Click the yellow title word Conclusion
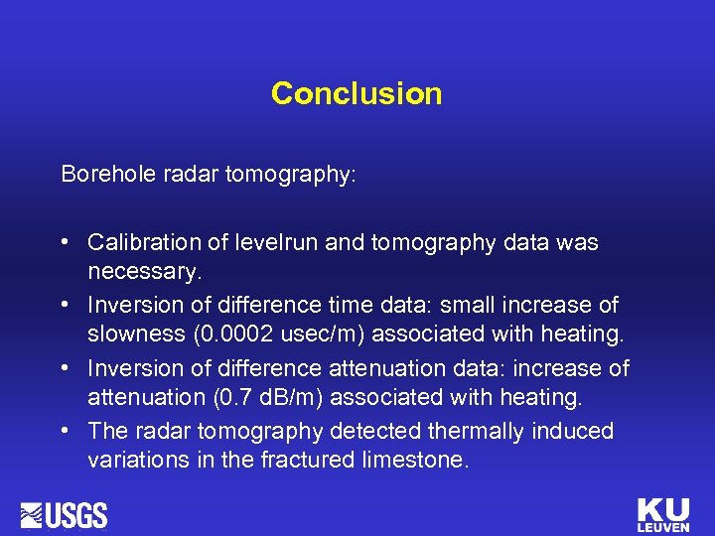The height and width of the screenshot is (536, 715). (357, 93)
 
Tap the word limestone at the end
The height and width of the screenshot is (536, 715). (417, 461)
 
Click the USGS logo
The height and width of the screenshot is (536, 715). (65, 515)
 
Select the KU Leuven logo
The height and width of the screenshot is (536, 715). (662, 514)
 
